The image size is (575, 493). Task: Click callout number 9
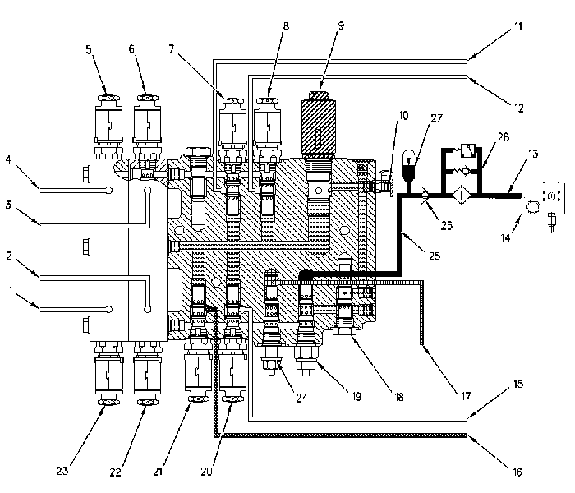point(342,25)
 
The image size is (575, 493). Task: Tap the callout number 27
point(437,118)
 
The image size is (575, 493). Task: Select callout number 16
point(517,472)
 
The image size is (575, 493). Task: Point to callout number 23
point(62,471)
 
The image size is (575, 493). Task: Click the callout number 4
point(8,159)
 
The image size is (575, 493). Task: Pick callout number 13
point(533,154)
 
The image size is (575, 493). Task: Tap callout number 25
point(435,256)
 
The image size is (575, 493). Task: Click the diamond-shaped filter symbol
point(461,196)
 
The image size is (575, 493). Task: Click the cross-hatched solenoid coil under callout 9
point(318,127)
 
